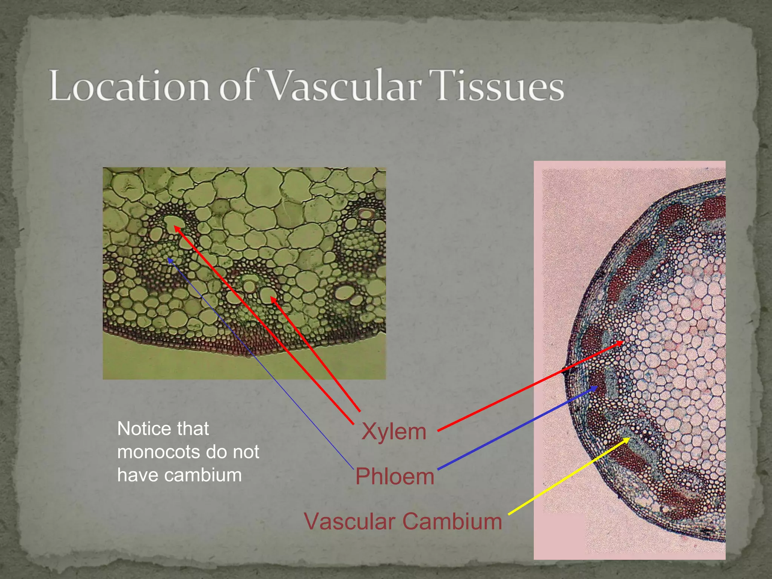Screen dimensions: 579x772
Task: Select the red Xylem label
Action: pos(394,431)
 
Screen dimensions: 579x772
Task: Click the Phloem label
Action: pos(395,476)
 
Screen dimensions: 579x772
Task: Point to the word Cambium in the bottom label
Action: pos(452,521)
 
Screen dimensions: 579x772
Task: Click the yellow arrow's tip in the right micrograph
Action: pos(629,438)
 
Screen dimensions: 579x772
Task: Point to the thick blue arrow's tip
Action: pos(597,387)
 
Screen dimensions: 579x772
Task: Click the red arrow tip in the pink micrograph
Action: pos(623,342)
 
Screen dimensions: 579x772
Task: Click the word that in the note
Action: pos(193,429)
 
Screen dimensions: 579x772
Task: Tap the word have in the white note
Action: pos(137,475)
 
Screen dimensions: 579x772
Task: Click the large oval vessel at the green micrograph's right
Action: pos(345,292)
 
